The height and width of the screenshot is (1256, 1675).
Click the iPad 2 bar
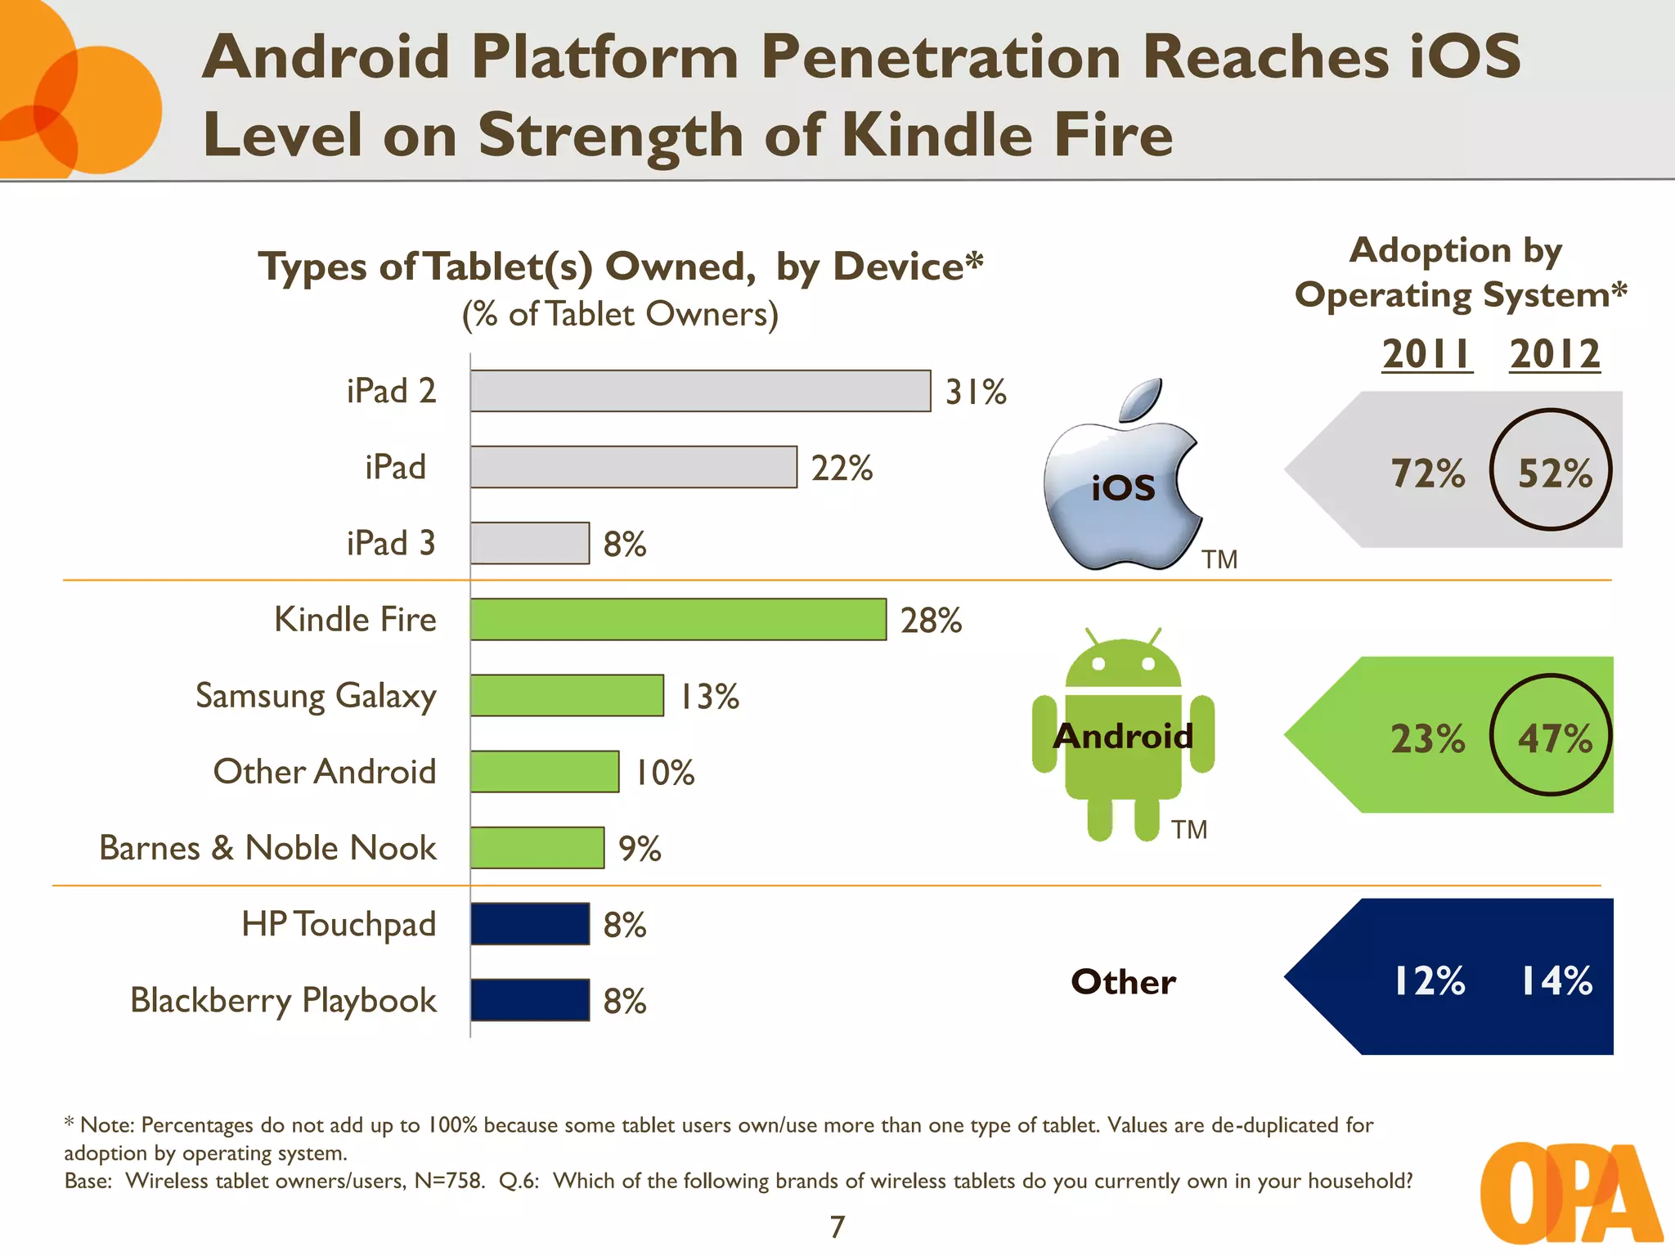[x=700, y=391]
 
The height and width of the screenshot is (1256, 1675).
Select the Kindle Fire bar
[x=678, y=619]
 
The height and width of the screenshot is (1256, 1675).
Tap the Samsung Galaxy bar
[x=567, y=695]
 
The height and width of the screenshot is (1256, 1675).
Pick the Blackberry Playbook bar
[x=530, y=999]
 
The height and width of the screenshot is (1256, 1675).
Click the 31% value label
[x=976, y=392]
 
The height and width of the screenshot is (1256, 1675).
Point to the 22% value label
[x=842, y=468]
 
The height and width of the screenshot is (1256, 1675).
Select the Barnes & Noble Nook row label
[x=267, y=848]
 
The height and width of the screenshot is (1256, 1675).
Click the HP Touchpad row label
[x=339, y=924]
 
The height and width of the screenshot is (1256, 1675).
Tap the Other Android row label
[x=325, y=771]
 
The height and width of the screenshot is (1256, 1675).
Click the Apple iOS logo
[x=1122, y=478]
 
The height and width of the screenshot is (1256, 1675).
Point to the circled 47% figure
[x=1552, y=735]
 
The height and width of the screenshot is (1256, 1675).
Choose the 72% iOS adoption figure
[x=1428, y=473]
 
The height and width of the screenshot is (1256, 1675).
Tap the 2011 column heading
[x=1427, y=354]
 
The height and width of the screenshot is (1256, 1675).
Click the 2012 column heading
[x=1555, y=354]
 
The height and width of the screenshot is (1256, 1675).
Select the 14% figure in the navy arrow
[x=1556, y=980]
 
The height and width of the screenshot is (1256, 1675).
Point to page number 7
[x=837, y=1227]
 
